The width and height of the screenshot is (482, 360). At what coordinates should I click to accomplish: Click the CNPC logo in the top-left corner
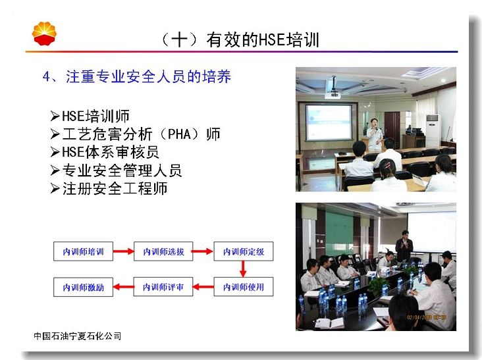click(x=44, y=34)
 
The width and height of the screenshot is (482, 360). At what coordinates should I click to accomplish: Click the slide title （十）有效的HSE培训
click(x=240, y=40)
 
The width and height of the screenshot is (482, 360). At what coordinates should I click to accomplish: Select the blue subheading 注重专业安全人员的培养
click(x=148, y=76)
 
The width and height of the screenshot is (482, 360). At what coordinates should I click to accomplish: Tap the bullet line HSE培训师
click(x=90, y=116)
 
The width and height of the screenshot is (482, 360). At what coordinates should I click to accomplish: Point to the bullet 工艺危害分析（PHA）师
click(x=135, y=134)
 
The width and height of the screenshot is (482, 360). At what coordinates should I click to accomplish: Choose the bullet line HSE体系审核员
click(x=105, y=152)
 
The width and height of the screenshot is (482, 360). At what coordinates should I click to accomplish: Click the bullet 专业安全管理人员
click(x=116, y=170)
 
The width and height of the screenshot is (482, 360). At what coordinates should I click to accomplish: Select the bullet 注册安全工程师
click(x=109, y=188)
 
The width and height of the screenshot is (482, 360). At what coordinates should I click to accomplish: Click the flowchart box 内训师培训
click(x=84, y=251)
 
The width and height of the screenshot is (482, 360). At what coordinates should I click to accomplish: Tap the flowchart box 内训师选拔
click(x=163, y=251)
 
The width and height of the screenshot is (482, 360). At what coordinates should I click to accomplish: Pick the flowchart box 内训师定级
click(x=244, y=251)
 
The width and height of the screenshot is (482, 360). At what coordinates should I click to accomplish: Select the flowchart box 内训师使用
click(x=244, y=287)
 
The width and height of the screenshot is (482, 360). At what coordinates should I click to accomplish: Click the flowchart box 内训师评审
click(x=163, y=287)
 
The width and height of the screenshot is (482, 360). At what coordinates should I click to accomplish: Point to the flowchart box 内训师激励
click(x=84, y=287)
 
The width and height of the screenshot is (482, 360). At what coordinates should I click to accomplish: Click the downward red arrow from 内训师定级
click(x=243, y=269)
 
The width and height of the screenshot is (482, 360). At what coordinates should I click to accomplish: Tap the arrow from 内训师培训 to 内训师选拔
click(x=123, y=251)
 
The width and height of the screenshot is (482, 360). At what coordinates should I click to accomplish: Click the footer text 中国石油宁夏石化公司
click(x=78, y=336)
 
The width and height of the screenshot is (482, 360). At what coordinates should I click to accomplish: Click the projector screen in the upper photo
click(x=329, y=122)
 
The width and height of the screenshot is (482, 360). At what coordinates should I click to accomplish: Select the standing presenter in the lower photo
click(x=404, y=246)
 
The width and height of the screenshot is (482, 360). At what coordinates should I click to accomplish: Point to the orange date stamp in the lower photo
click(x=427, y=317)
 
